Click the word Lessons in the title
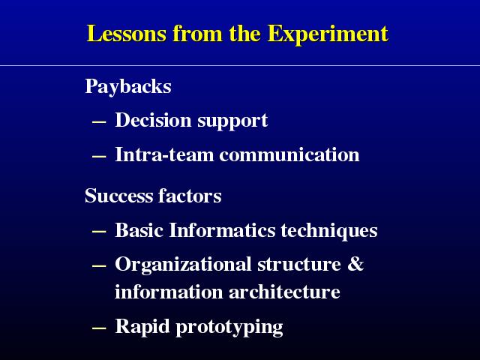[127, 33]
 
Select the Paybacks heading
[128, 87]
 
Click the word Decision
[153, 120]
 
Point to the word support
[232, 121]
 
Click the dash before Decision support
[99, 122]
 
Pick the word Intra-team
[164, 154]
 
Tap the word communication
[289, 154]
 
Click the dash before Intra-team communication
[99, 157]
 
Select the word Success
[118, 196]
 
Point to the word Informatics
[222, 230]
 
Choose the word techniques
[329, 231]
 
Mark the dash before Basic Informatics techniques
[99, 232]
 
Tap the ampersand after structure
[355, 263]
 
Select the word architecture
[284, 292]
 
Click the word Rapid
[142, 327]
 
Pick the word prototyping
[229, 328]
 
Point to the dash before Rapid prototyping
[99, 328]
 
